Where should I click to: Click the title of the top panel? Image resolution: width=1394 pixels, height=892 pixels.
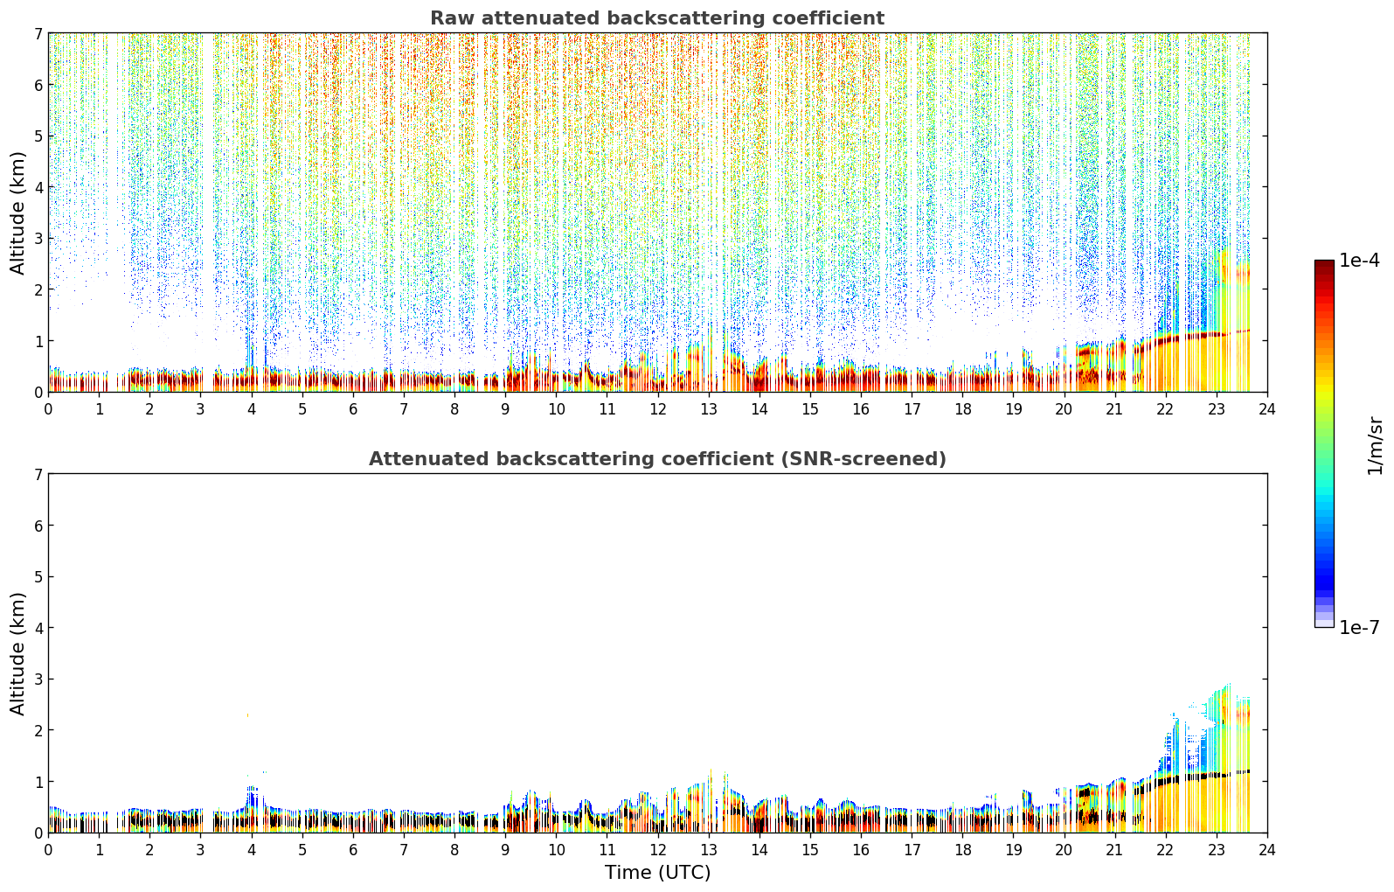tap(657, 18)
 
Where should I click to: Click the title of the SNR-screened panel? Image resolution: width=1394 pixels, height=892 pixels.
tap(657, 459)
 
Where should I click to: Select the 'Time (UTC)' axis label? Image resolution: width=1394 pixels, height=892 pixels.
tap(657, 873)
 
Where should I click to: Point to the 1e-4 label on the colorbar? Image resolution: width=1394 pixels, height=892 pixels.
tap(1359, 261)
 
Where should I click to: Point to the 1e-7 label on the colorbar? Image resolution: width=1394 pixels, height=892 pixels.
tap(1359, 627)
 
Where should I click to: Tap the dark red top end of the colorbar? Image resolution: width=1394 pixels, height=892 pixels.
tap(1324, 263)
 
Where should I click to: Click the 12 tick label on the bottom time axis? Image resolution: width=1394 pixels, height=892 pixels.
tap(658, 850)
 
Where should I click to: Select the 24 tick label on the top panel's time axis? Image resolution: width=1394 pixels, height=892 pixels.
tap(1267, 409)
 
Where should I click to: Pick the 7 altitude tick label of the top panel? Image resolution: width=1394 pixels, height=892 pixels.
tap(38, 33)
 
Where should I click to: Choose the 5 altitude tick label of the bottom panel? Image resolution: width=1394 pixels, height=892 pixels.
tap(38, 577)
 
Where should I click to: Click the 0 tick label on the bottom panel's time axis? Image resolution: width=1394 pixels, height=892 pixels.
tap(49, 850)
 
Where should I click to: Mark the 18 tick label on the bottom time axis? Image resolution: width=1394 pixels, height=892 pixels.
tap(963, 850)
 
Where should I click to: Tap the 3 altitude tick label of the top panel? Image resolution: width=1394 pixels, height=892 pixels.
tap(38, 239)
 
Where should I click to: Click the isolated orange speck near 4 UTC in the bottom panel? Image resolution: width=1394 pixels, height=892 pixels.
tap(247, 715)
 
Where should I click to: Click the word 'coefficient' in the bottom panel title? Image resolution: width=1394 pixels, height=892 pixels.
tap(717, 459)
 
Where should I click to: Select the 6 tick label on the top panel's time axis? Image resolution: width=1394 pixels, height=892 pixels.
tap(353, 409)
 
